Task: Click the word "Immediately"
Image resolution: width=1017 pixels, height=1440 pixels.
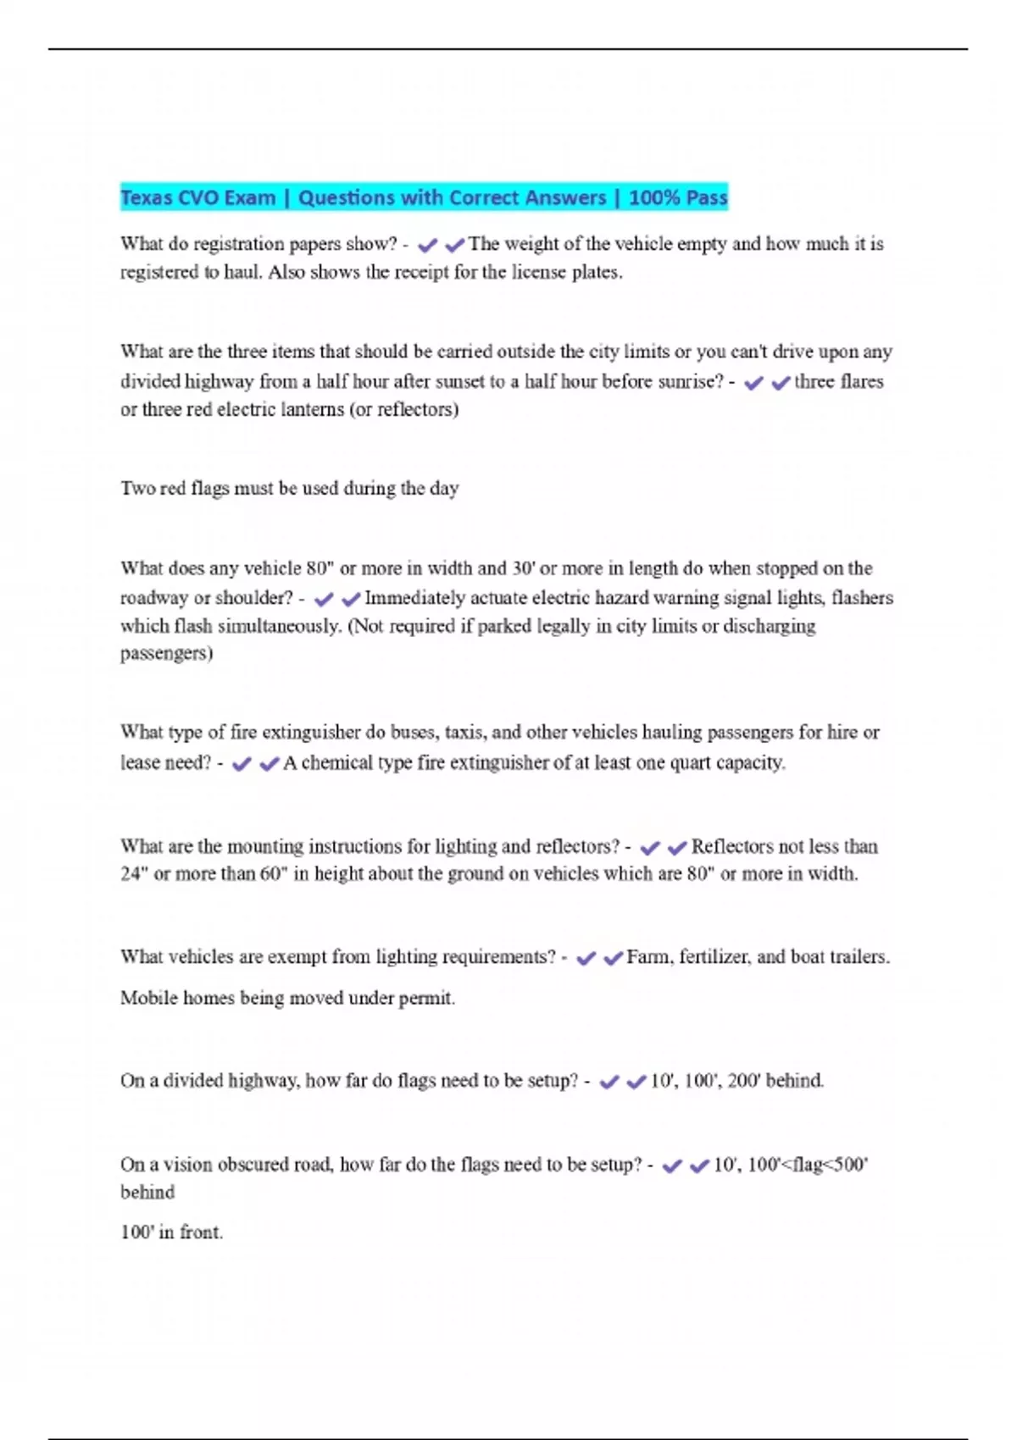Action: pos(414,598)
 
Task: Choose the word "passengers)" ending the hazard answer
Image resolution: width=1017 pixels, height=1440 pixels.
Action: pos(166,653)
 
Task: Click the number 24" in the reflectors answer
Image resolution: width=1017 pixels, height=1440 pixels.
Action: pos(133,874)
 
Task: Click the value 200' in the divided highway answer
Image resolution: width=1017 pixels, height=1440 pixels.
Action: pos(744,1081)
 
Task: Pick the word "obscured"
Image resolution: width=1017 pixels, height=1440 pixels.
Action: pos(253,1165)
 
